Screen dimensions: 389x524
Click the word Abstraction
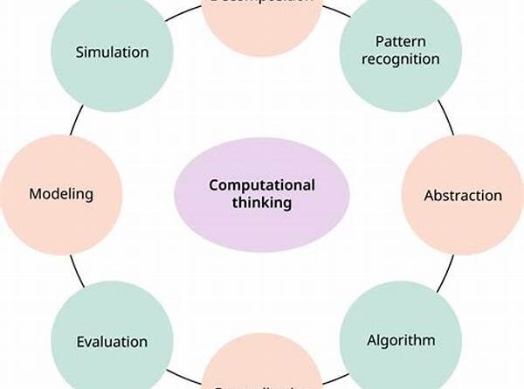(463, 195)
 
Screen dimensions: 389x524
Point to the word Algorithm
(400, 339)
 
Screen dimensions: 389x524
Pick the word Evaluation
(112, 341)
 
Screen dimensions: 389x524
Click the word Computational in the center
(262, 184)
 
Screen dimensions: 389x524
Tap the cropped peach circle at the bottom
(262, 372)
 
